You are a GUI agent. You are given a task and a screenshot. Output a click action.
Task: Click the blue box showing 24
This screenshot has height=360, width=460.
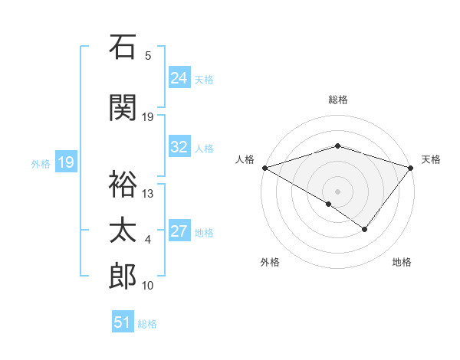[x=179, y=78]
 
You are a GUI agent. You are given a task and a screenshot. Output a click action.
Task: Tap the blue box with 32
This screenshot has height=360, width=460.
[x=179, y=147]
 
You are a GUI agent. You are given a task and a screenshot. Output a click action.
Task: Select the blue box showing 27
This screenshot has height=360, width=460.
[x=179, y=231]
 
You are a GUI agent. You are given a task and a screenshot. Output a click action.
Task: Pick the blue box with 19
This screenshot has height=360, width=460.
[x=65, y=162]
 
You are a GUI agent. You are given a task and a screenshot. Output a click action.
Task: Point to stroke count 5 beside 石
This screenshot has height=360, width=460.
[x=148, y=56]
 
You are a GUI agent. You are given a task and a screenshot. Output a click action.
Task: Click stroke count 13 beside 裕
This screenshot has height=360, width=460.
[x=148, y=193]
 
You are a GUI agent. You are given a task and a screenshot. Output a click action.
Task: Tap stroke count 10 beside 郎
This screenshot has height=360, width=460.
[x=148, y=286]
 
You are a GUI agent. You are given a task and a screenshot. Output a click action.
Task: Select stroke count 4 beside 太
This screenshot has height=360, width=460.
[x=148, y=240]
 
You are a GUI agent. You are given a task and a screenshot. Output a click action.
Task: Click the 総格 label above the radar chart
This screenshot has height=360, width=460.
[x=337, y=100]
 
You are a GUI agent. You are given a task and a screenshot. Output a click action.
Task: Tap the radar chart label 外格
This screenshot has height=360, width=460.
[x=270, y=262]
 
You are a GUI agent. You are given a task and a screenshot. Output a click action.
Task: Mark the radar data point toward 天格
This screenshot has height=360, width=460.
[x=411, y=168]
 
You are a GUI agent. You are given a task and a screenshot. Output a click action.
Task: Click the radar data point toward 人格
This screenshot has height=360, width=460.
[x=264, y=168]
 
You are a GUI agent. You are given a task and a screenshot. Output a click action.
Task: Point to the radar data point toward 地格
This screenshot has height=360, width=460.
[x=365, y=229]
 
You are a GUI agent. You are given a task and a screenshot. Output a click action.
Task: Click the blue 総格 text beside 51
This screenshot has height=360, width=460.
[x=147, y=324]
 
